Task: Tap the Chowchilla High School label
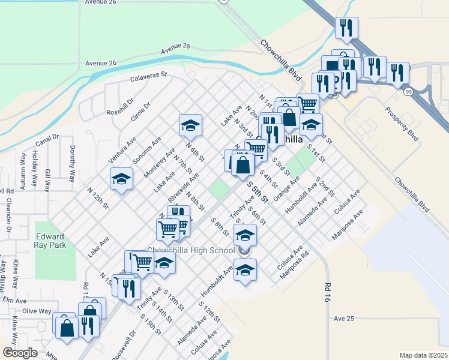[x=191, y=250]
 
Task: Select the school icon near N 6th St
[x=190, y=126]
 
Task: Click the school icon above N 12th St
[x=121, y=179]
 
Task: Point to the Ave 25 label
[x=345, y=319]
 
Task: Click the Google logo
[x=20, y=352]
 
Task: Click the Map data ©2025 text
[x=423, y=355]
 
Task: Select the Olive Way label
[x=37, y=311]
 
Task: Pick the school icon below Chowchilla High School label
[x=245, y=271]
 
